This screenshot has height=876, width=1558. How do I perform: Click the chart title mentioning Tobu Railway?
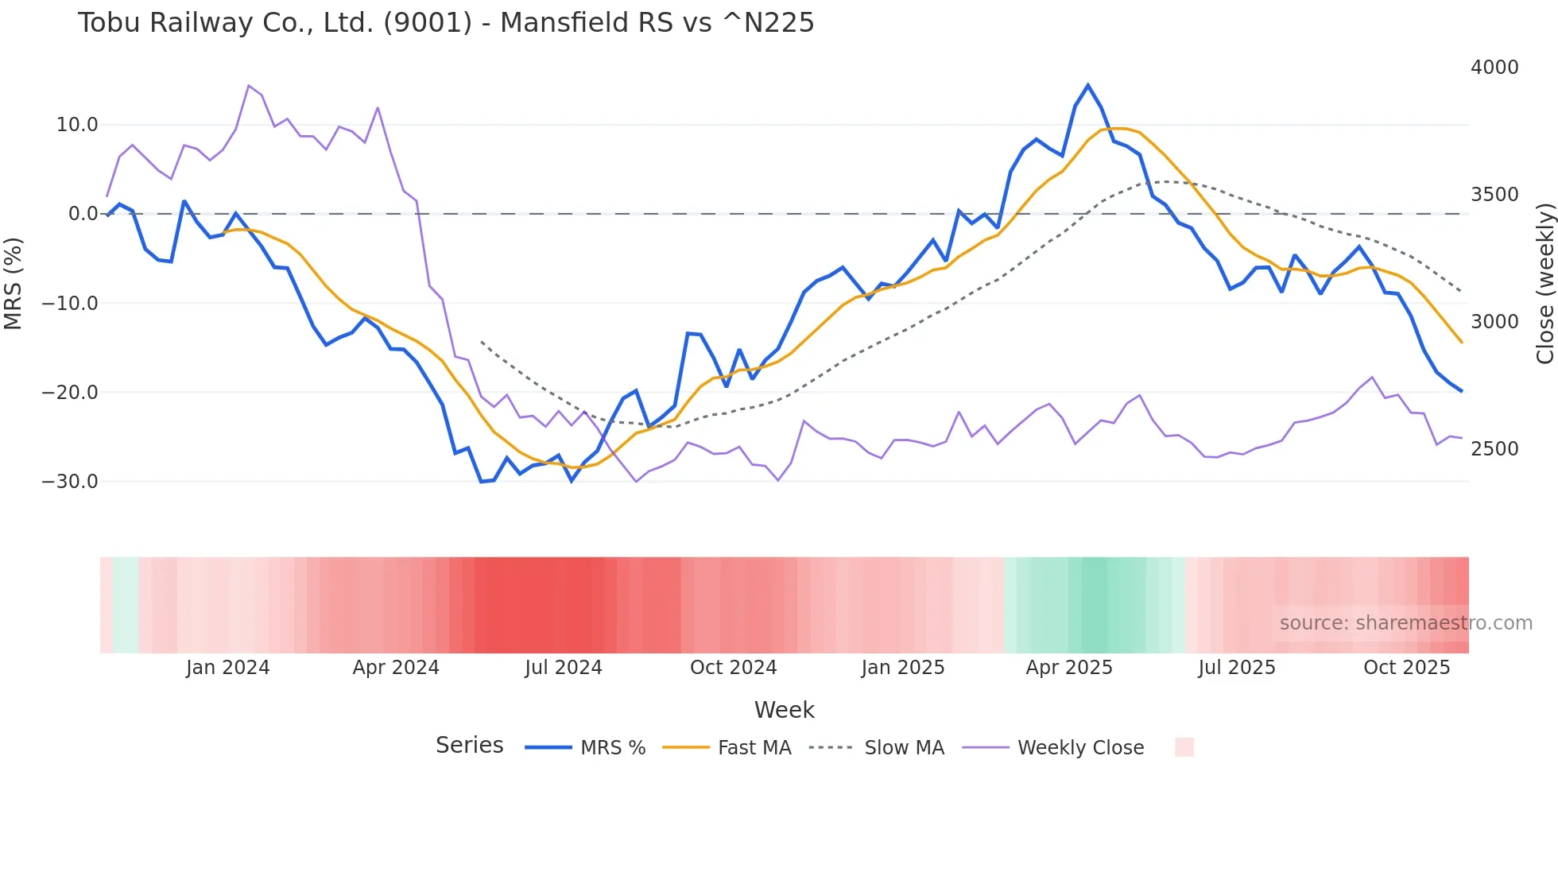(446, 23)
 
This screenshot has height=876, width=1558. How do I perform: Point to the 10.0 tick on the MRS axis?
(77, 125)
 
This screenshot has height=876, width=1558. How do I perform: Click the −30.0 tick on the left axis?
(70, 482)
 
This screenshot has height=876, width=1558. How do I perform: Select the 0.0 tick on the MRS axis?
(83, 214)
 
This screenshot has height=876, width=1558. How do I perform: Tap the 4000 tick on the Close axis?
(1494, 68)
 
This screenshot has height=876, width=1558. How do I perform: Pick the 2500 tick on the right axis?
(1494, 449)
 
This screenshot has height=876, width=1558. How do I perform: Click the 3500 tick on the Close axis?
(1494, 195)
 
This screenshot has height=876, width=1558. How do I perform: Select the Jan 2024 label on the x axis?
(228, 668)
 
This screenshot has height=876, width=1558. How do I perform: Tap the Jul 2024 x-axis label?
(564, 668)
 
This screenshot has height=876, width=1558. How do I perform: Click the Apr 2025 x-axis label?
(1069, 668)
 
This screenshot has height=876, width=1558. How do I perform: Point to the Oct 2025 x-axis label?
(1407, 668)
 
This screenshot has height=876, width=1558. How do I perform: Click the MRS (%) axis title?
(14, 284)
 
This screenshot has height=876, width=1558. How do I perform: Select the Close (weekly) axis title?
(1545, 284)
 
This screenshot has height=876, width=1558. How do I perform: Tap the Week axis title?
(784, 710)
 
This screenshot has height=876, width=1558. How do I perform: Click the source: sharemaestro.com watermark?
(1405, 623)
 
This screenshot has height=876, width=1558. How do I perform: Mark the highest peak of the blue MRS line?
(1088, 85)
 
